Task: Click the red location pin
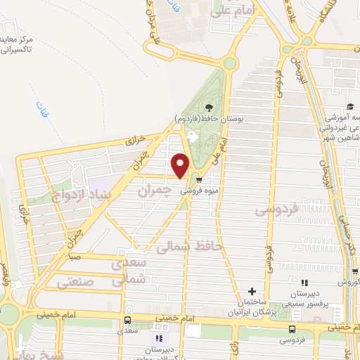pos(180,165)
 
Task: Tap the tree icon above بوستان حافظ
pos(208,107)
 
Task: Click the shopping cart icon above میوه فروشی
pos(199,179)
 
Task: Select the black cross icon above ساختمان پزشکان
pos(252,292)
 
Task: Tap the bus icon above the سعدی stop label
pos(127,319)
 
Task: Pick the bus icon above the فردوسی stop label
pos(292,328)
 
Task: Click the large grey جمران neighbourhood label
pos(155,191)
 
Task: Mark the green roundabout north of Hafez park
pos(230,64)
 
